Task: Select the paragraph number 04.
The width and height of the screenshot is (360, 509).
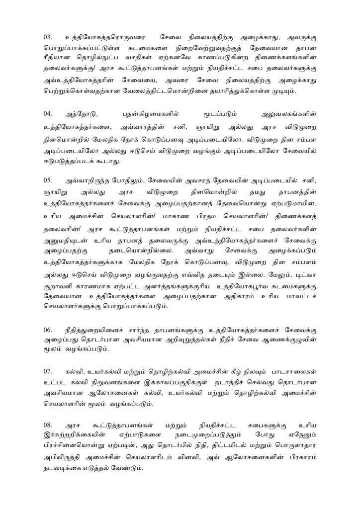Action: [x=48, y=114]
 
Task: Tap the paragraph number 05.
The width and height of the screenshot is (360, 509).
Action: [x=48, y=180]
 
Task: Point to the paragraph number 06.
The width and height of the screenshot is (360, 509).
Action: [x=48, y=330]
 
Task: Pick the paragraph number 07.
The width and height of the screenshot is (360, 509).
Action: [x=48, y=371]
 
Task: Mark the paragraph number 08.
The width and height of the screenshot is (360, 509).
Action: [x=48, y=425]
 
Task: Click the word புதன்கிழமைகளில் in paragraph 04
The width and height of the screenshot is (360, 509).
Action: [x=150, y=114]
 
